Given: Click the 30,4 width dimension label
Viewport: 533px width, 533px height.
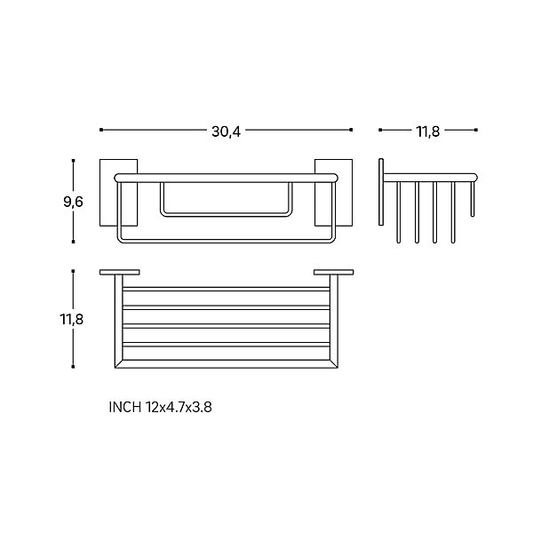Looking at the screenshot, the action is point(226,131).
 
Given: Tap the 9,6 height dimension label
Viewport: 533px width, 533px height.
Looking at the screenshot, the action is point(73,202).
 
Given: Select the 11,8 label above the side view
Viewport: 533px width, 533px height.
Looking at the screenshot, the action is point(428,131).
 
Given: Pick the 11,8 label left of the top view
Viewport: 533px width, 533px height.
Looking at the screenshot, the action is point(71,319).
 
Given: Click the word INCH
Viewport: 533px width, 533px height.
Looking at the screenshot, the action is point(124,407).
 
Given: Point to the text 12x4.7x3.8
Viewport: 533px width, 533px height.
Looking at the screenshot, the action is point(179,407).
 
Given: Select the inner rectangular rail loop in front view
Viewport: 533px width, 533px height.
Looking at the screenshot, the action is point(226,215).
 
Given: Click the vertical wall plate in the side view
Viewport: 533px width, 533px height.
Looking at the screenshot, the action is point(381,192).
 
